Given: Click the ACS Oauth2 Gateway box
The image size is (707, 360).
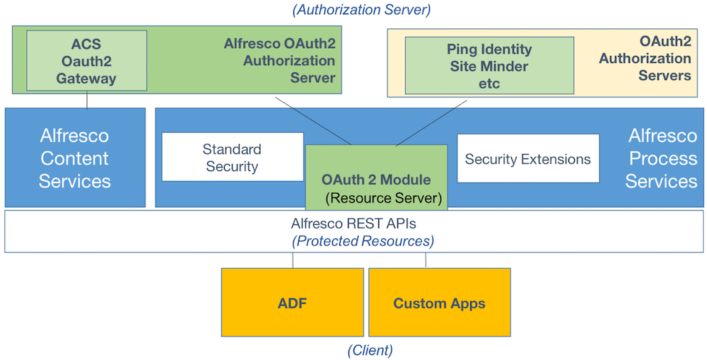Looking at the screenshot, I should point(86,61).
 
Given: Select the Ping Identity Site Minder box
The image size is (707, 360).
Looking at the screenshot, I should point(489,66).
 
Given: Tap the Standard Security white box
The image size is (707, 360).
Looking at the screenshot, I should point(232,157).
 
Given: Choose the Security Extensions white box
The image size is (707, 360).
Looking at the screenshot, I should point(527,158).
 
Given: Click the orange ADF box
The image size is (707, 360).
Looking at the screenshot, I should point(292,303).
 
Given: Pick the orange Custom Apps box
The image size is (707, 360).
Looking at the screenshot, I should point(439,303).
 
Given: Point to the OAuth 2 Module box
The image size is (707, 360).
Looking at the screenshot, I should point(376,179).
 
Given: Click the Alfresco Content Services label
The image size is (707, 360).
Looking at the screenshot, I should point(75,158).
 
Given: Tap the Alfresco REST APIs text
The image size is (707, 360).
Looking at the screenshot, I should point(363,223).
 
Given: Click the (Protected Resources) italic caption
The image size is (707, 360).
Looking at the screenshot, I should point(363,241).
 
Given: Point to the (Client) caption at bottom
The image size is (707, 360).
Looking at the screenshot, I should point(370,349).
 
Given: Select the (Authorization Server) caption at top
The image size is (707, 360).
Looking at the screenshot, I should point(361,9).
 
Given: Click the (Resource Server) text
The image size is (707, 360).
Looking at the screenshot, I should point(383,198).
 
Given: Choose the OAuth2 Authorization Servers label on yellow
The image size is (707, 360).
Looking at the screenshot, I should point(645,58).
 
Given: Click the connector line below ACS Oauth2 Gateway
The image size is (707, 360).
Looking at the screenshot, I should point(87,100).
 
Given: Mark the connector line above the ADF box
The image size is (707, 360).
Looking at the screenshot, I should point(293,260).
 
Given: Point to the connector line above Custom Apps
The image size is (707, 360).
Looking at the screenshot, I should point(426,260).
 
